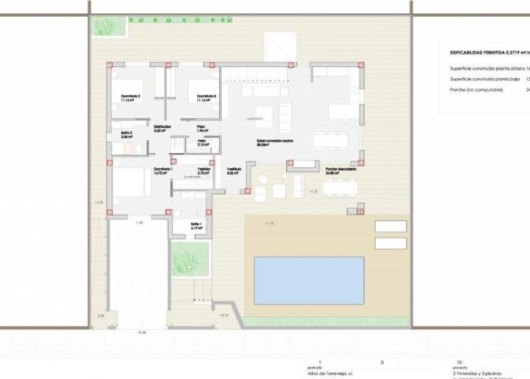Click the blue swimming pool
coord(308,281)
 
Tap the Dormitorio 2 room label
coord(131,97)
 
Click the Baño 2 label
coord(127,133)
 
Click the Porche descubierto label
coord(341,169)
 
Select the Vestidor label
coord(203,169)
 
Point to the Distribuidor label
coord(163,127)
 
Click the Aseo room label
coord(203,141)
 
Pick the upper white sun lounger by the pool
coord(391,226)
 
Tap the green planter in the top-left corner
coord(108,26)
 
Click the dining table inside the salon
coord(330,140)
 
